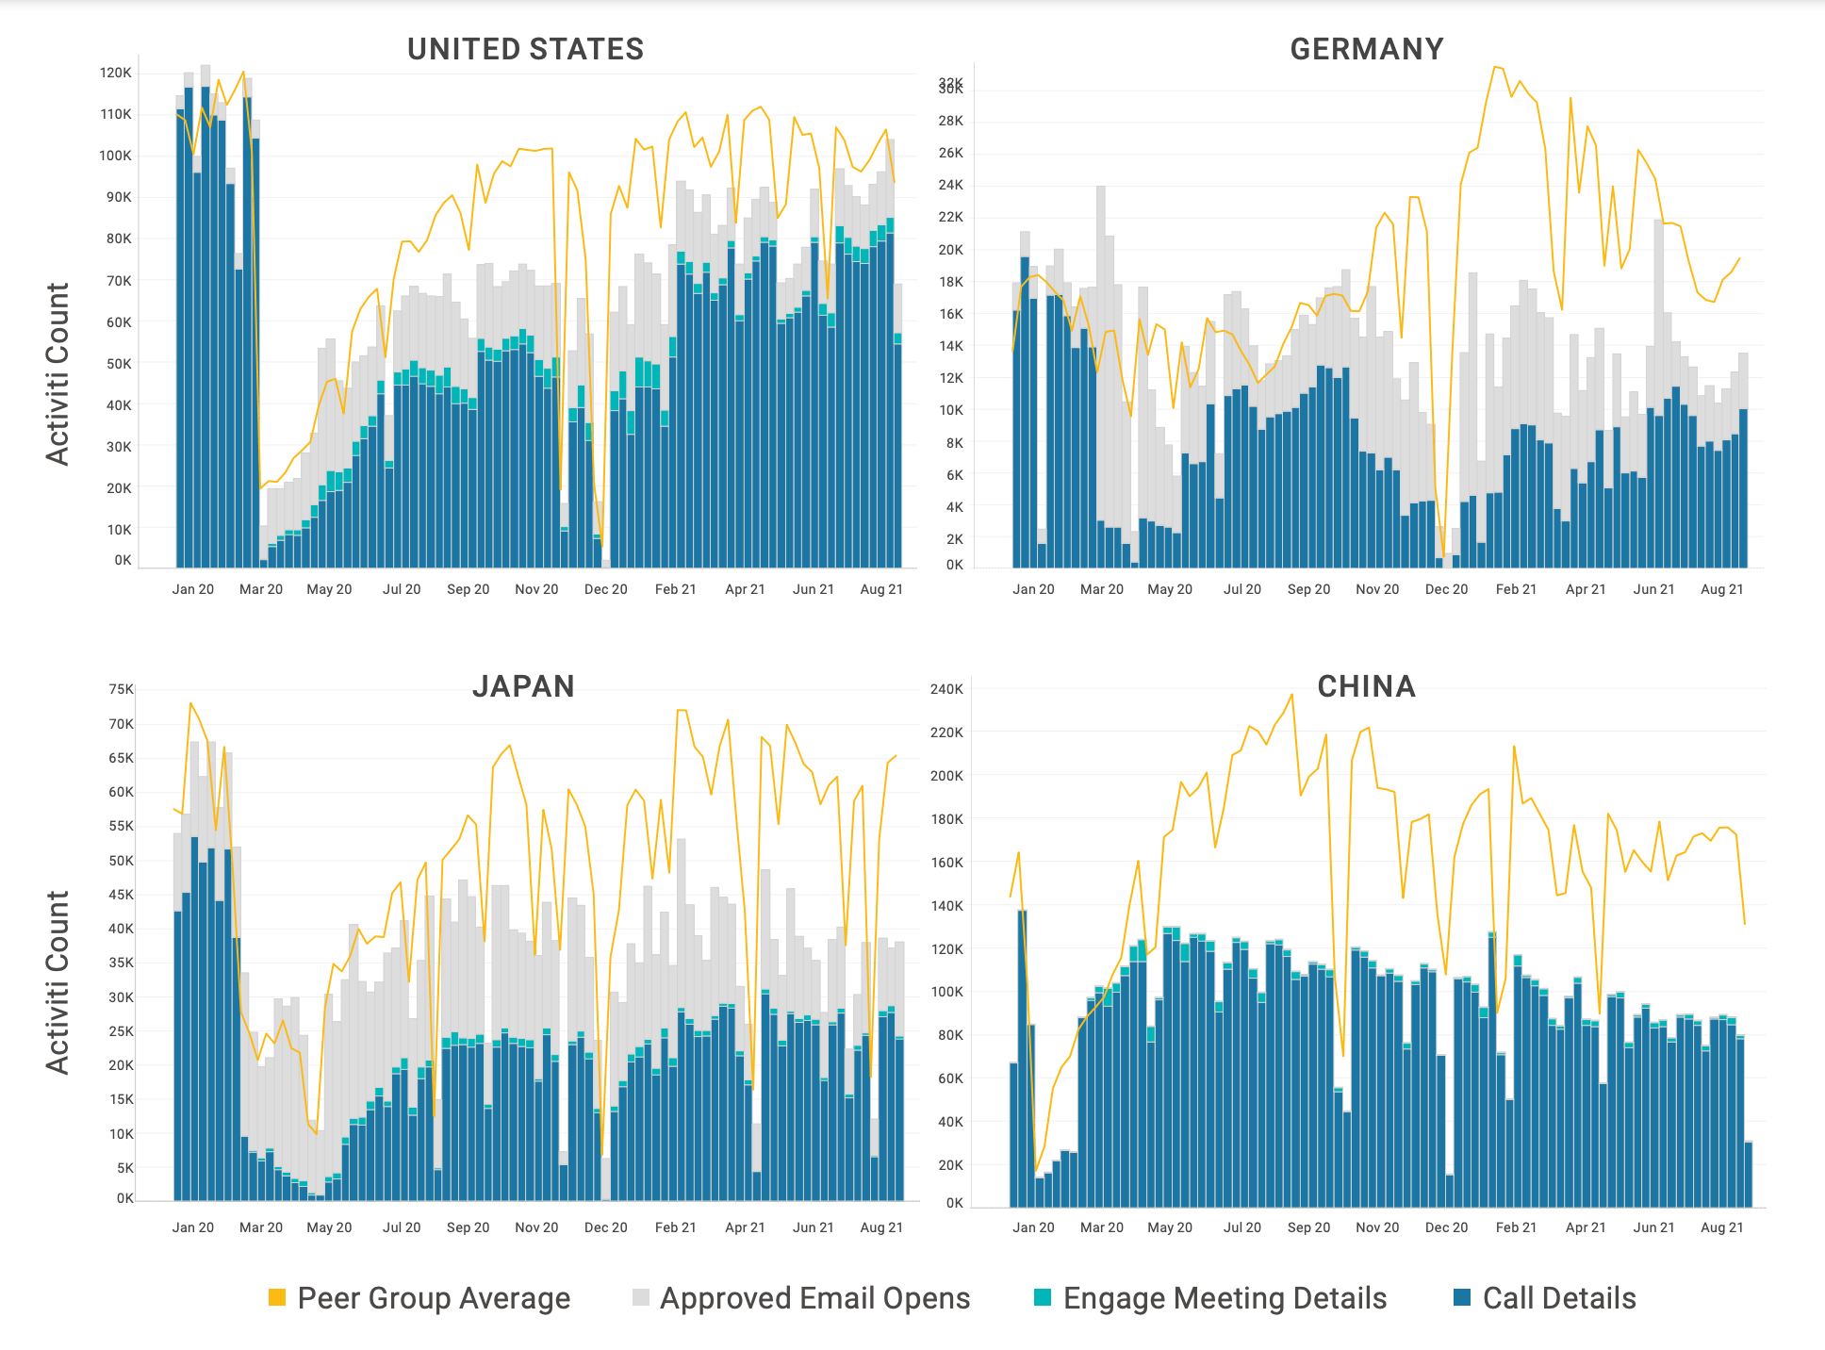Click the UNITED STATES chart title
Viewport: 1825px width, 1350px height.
pos(525,49)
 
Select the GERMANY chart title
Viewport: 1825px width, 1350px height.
pos(1366,49)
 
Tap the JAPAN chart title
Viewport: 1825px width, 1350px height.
pos(523,686)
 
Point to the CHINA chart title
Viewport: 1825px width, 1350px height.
pos(1366,686)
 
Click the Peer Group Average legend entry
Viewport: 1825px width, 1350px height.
pos(419,1298)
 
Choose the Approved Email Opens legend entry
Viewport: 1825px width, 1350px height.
pos(801,1298)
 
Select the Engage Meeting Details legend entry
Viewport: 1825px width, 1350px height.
pos(1210,1298)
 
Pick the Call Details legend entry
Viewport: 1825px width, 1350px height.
pos(1545,1298)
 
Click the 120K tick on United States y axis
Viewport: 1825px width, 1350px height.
pos(116,73)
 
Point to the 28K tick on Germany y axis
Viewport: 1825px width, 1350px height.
pos(950,121)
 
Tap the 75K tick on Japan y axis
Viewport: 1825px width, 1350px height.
pos(122,689)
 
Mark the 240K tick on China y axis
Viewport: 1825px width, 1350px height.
pos(946,689)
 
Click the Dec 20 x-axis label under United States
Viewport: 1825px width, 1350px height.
pos(605,589)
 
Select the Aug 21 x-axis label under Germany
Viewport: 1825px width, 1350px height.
pos(1721,589)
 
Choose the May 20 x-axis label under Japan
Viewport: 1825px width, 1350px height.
pos(329,1227)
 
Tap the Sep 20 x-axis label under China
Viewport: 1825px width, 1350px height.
pos(1308,1227)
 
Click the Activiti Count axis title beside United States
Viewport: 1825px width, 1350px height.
pos(58,373)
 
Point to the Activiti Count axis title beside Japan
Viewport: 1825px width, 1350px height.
pos(58,981)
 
